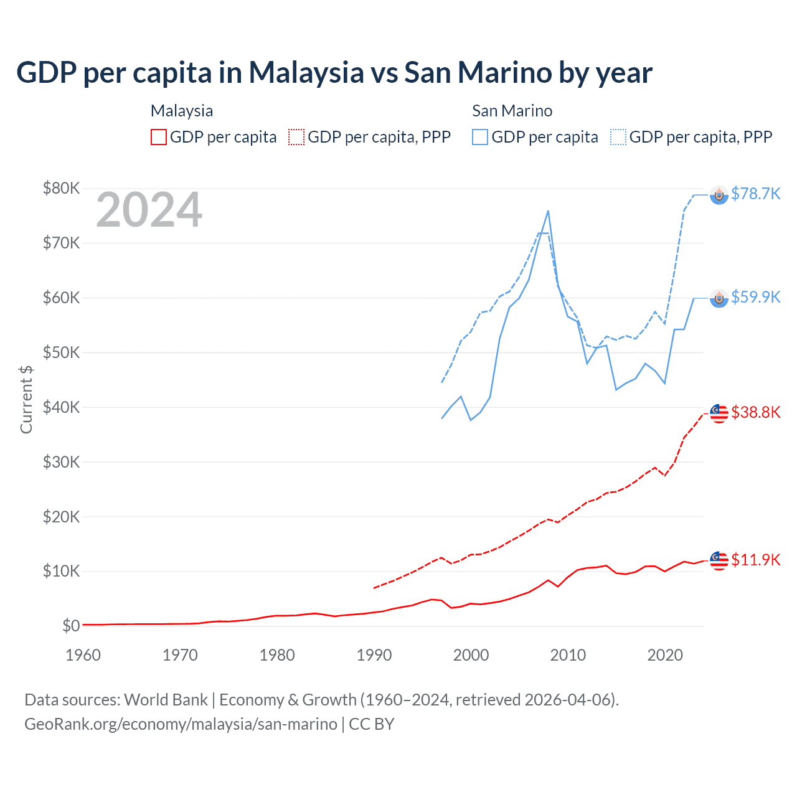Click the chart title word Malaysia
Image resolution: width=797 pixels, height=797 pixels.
(x=306, y=72)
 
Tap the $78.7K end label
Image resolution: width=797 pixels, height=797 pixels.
(x=755, y=194)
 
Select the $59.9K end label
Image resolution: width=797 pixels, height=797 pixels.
(x=755, y=297)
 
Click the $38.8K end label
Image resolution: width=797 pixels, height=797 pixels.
(x=755, y=412)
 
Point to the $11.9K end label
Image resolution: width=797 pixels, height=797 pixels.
(x=755, y=560)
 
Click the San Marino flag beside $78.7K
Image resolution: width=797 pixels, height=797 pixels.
(x=719, y=195)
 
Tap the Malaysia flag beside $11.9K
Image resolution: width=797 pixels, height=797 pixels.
(x=719, y=560)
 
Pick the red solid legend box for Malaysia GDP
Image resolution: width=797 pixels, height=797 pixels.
(x=159, y=137)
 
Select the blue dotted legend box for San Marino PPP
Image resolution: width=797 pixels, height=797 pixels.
(x=618, y=137)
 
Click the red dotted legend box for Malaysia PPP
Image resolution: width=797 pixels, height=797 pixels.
(x=297, y=137)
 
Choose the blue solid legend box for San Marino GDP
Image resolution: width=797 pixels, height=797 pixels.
(x=480, y=137)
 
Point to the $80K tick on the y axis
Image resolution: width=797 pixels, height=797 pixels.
(x=61, y=188)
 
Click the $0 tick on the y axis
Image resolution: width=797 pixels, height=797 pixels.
(x=71, y=626)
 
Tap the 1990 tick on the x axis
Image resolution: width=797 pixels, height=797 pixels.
(x=374, y=655)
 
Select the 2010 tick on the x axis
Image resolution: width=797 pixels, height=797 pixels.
(x=568, y=655)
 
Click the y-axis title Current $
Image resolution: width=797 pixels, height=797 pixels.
(x=26, y=399)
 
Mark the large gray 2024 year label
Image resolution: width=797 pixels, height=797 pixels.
(x=149, y=210)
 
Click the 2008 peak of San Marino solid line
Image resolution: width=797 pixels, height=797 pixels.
(x=548, y=211)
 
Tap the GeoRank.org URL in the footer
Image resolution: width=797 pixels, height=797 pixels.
(x=181, y=724)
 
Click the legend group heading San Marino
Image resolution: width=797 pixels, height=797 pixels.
(x=512, y=111)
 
